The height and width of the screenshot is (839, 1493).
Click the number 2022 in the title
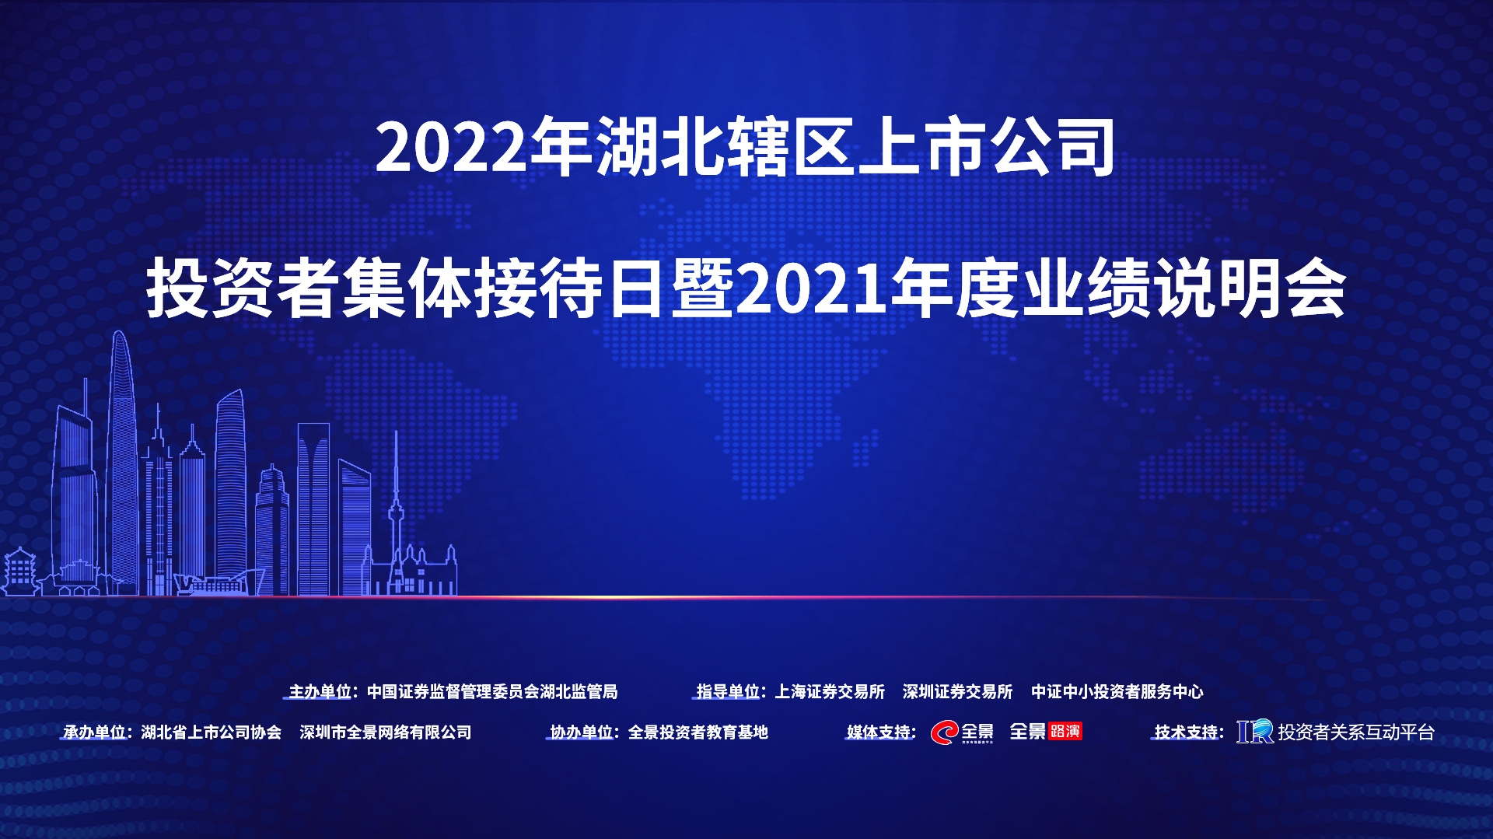(452, 147)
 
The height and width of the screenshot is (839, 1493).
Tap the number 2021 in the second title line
(812, 288)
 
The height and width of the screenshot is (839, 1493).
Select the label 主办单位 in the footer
(320, 691)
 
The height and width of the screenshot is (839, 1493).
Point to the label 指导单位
(728, 691)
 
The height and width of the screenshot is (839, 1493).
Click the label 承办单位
(94, 732)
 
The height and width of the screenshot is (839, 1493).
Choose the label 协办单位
(582, 732)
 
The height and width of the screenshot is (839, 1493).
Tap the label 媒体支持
(878, 732)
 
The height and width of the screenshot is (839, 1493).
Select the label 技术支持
(1186, 732)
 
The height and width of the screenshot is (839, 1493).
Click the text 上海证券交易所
(830, 691)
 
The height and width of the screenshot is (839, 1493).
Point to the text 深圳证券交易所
(957, 691)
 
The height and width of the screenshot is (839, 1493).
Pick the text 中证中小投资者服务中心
(1117, 691)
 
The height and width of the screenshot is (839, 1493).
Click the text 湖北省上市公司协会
(212, 732)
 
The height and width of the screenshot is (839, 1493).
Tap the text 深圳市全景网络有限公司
(386, 732)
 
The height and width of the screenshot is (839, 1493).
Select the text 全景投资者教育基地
(698, 732)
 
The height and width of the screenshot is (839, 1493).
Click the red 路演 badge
(1065, 731)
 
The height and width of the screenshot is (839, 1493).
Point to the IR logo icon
(1255, 732)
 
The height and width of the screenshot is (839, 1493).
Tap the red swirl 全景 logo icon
(945, 732)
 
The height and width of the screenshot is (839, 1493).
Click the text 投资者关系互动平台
(1356, 732)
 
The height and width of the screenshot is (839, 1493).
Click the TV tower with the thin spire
(397, 513)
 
